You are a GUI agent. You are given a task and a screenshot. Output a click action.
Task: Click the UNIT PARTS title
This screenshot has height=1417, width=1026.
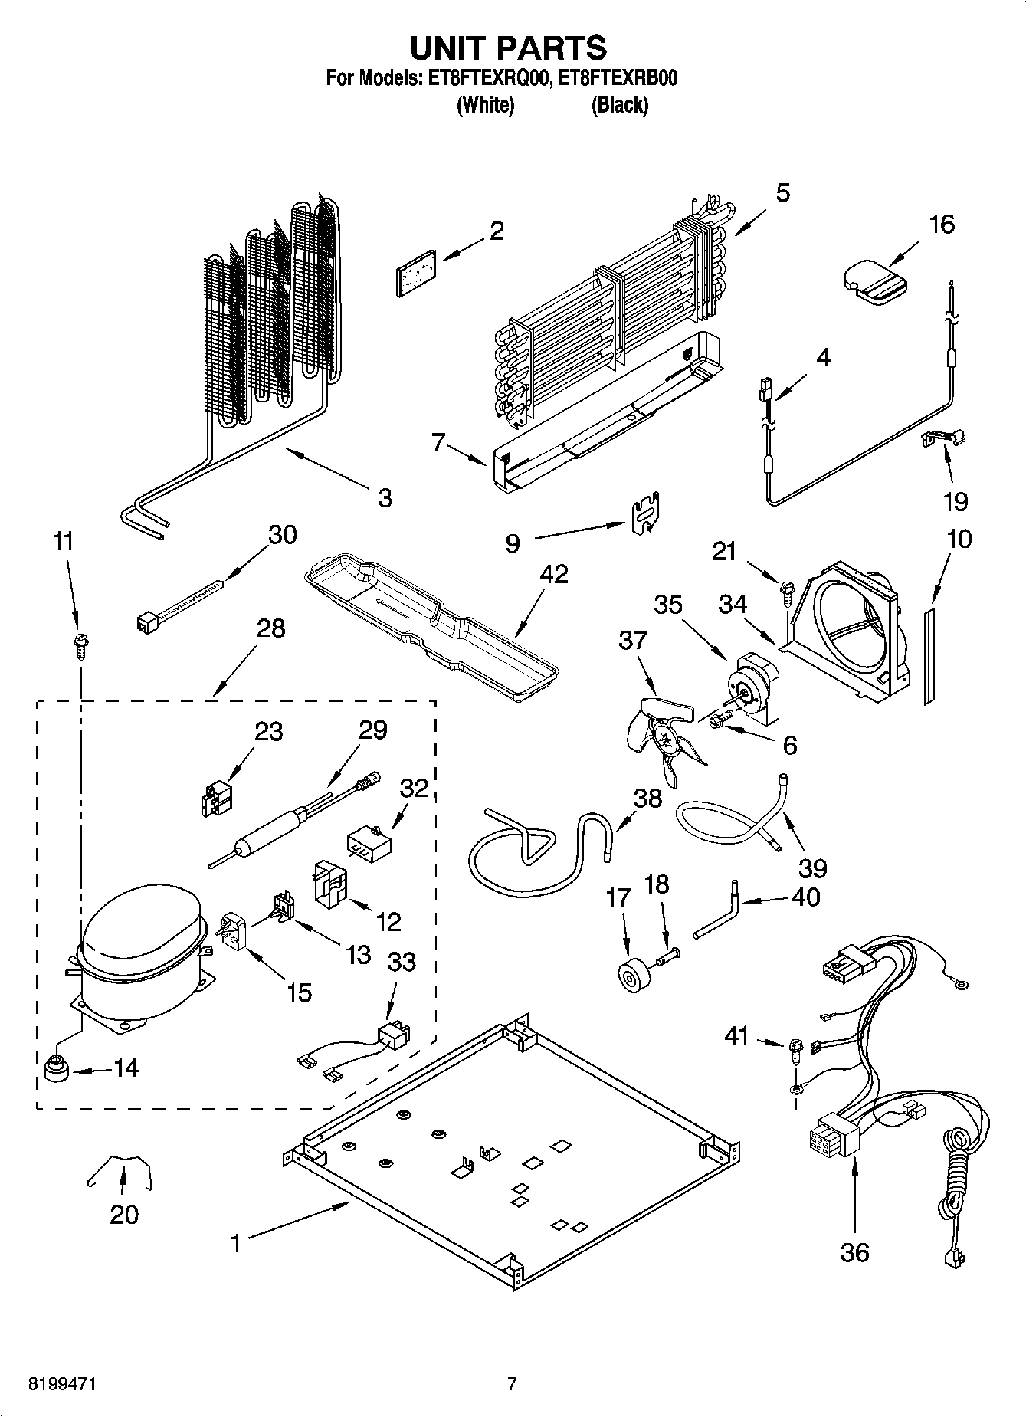[508, 48]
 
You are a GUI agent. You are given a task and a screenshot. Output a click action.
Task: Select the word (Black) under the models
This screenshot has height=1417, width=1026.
[619, 105]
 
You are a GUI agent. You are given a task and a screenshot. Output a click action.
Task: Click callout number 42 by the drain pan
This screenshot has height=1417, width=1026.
[553, 574]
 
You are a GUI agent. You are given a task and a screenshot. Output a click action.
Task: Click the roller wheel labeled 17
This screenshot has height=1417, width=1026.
[634, 975]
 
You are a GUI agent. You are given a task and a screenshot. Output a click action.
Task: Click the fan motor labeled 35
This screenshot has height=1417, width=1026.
[755, 687]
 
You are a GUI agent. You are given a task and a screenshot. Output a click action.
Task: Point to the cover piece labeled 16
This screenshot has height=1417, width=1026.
[875, 280]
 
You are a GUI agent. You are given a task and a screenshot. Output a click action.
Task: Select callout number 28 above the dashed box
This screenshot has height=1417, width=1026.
[270, 628]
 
